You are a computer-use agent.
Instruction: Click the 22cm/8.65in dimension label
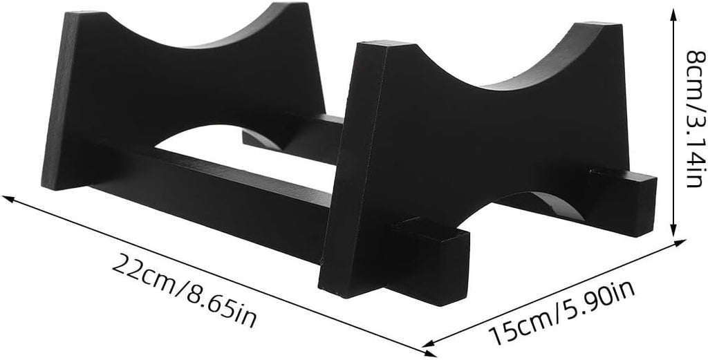[184, 290]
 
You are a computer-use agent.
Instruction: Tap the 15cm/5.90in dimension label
[562, 311]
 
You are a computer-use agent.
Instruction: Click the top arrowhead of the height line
[673, 12]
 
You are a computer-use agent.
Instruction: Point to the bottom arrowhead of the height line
[673, 230]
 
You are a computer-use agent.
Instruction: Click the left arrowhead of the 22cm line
[8, 198]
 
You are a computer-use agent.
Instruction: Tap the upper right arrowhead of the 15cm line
[680, 243]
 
